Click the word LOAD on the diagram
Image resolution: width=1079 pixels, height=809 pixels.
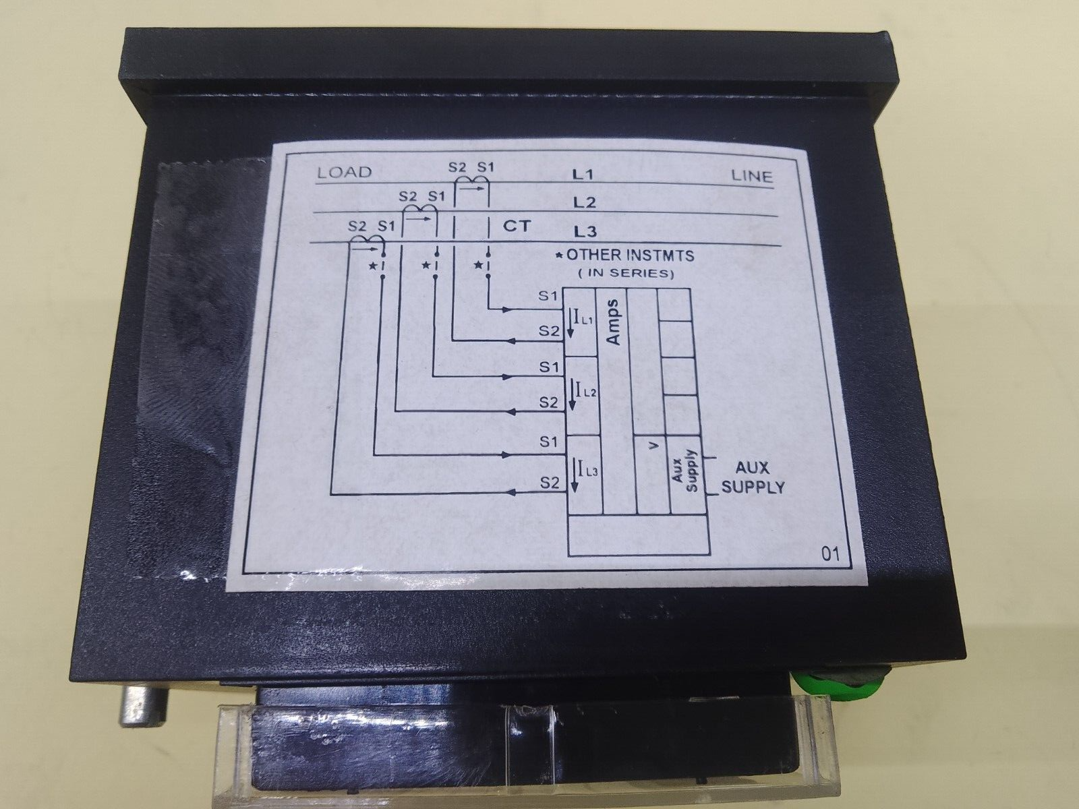(344, 172)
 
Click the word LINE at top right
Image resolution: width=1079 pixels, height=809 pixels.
(752, 177)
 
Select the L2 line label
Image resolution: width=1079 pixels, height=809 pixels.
(583, 202)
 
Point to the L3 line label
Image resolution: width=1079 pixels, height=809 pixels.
(585, 232)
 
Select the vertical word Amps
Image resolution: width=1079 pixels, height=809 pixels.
(613, 322)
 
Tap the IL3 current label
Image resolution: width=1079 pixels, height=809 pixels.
(581, 469)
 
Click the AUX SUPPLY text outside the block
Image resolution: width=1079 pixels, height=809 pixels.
(753, 477)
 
